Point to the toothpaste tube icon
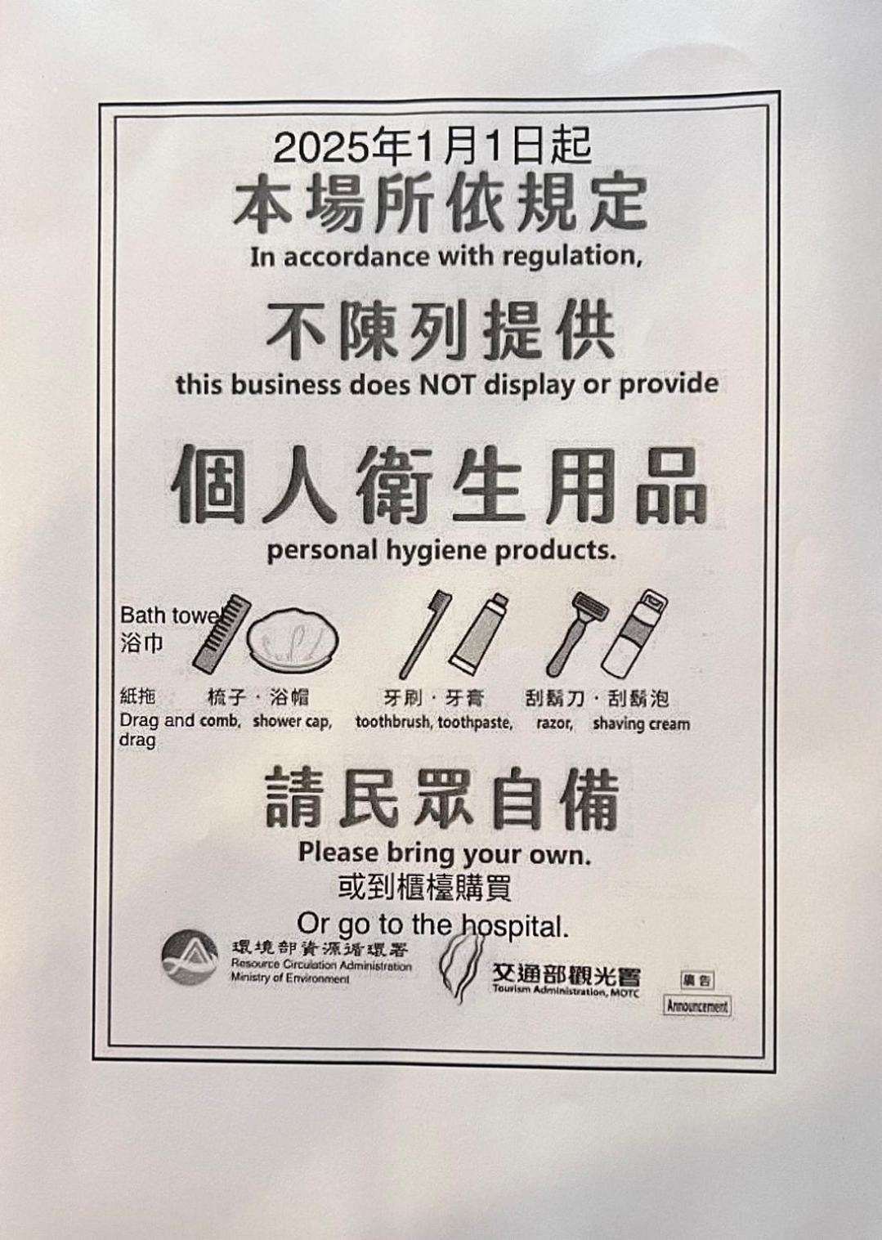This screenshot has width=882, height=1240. click(x=478, y=634)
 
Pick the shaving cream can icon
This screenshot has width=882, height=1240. click(x=634, y=632)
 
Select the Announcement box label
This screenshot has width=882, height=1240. click(x=697, y=1006)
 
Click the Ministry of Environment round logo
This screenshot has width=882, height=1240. click(x=190, y=958)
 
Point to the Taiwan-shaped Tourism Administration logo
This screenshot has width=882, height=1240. click(x=459, y=967)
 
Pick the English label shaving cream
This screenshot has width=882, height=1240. click(x=641, y=724)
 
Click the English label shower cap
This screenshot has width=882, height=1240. click(x=292, y=722)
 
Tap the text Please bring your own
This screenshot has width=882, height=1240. click(x=445, y=853)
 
